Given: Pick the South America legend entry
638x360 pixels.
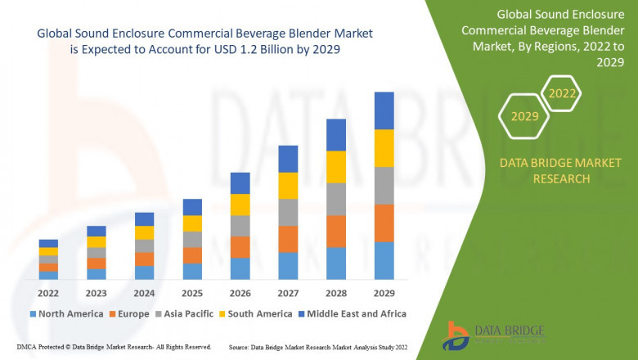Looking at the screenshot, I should coord(256,313).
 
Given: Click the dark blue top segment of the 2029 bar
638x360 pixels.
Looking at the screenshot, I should coord(384,110).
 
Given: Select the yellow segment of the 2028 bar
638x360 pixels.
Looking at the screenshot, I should coord(335,167).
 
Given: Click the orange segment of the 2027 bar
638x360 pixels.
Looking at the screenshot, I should coord(288,239).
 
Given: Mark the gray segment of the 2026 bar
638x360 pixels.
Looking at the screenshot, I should coord(240,226).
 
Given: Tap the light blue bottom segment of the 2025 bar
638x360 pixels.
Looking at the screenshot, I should coord(192,272).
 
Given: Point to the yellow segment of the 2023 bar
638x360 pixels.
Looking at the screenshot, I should coord(97,241).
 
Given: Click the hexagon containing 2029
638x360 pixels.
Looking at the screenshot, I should coord(524,116).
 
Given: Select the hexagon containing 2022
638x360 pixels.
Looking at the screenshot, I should coord(562,93).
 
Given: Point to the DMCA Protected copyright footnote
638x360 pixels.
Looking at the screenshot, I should coord(114,347).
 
